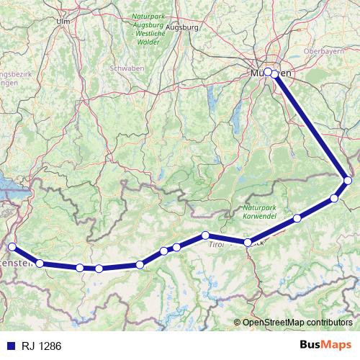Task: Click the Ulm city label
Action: coord(63,21)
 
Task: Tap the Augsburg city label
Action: coord(181,27)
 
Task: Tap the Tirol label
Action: coord(216,245)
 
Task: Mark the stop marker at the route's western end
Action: coord(12,247)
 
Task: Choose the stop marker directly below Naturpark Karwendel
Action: coord(248,243)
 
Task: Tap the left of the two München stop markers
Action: coord(267,71)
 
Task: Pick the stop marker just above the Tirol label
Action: coord(206,235)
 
